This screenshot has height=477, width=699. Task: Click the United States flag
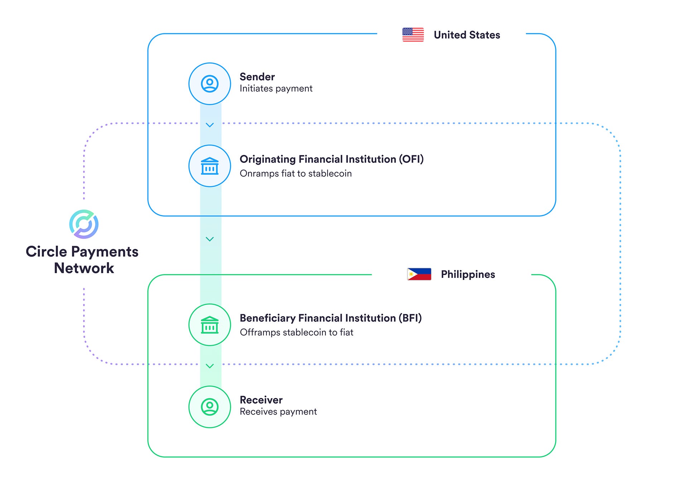(x=413, y=35)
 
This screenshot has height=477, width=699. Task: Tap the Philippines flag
(x=419, y=274)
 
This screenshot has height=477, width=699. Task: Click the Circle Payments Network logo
(x=84, y=224)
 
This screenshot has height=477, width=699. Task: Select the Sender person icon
(x=210, y=84)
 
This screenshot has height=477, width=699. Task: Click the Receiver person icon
(x=210, y=407)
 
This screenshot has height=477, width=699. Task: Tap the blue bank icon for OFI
(x=210, y=166)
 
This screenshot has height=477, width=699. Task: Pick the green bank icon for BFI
(x=210, y=325)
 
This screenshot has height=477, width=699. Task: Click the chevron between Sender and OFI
(x=210, y=125)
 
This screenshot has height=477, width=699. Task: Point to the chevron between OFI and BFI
(x=210, y=239)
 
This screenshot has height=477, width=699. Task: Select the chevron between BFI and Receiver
(x=210, y=366)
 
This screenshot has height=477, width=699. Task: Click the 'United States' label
(x=467, y=35)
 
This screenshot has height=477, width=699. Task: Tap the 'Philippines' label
(x=468, y=274)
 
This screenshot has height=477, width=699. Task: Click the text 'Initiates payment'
(x=276, y=88)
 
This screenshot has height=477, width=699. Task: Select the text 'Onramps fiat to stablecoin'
(x=295, y=173)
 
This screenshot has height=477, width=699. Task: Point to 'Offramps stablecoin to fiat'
(x=297, y=332)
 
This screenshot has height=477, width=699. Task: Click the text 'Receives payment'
(x=278, y=411)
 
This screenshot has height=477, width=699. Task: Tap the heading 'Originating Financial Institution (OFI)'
(x=331, y=159)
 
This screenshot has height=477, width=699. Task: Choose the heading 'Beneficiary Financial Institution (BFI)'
(x=331, y=318)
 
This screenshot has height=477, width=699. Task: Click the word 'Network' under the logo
(x=84, y=268)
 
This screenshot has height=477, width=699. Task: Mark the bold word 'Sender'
(x=257, y=77)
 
